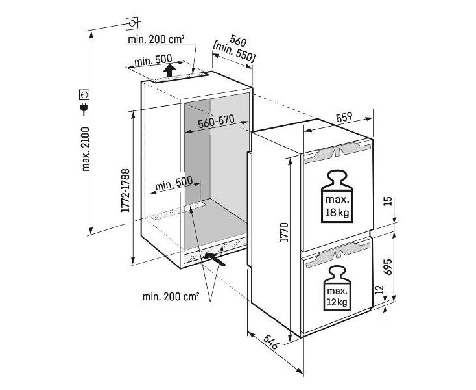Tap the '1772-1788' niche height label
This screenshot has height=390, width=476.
pos(126,192)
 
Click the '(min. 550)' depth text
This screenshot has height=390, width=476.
pos(234,51)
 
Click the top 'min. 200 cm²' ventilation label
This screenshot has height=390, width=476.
pos(156,40)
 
